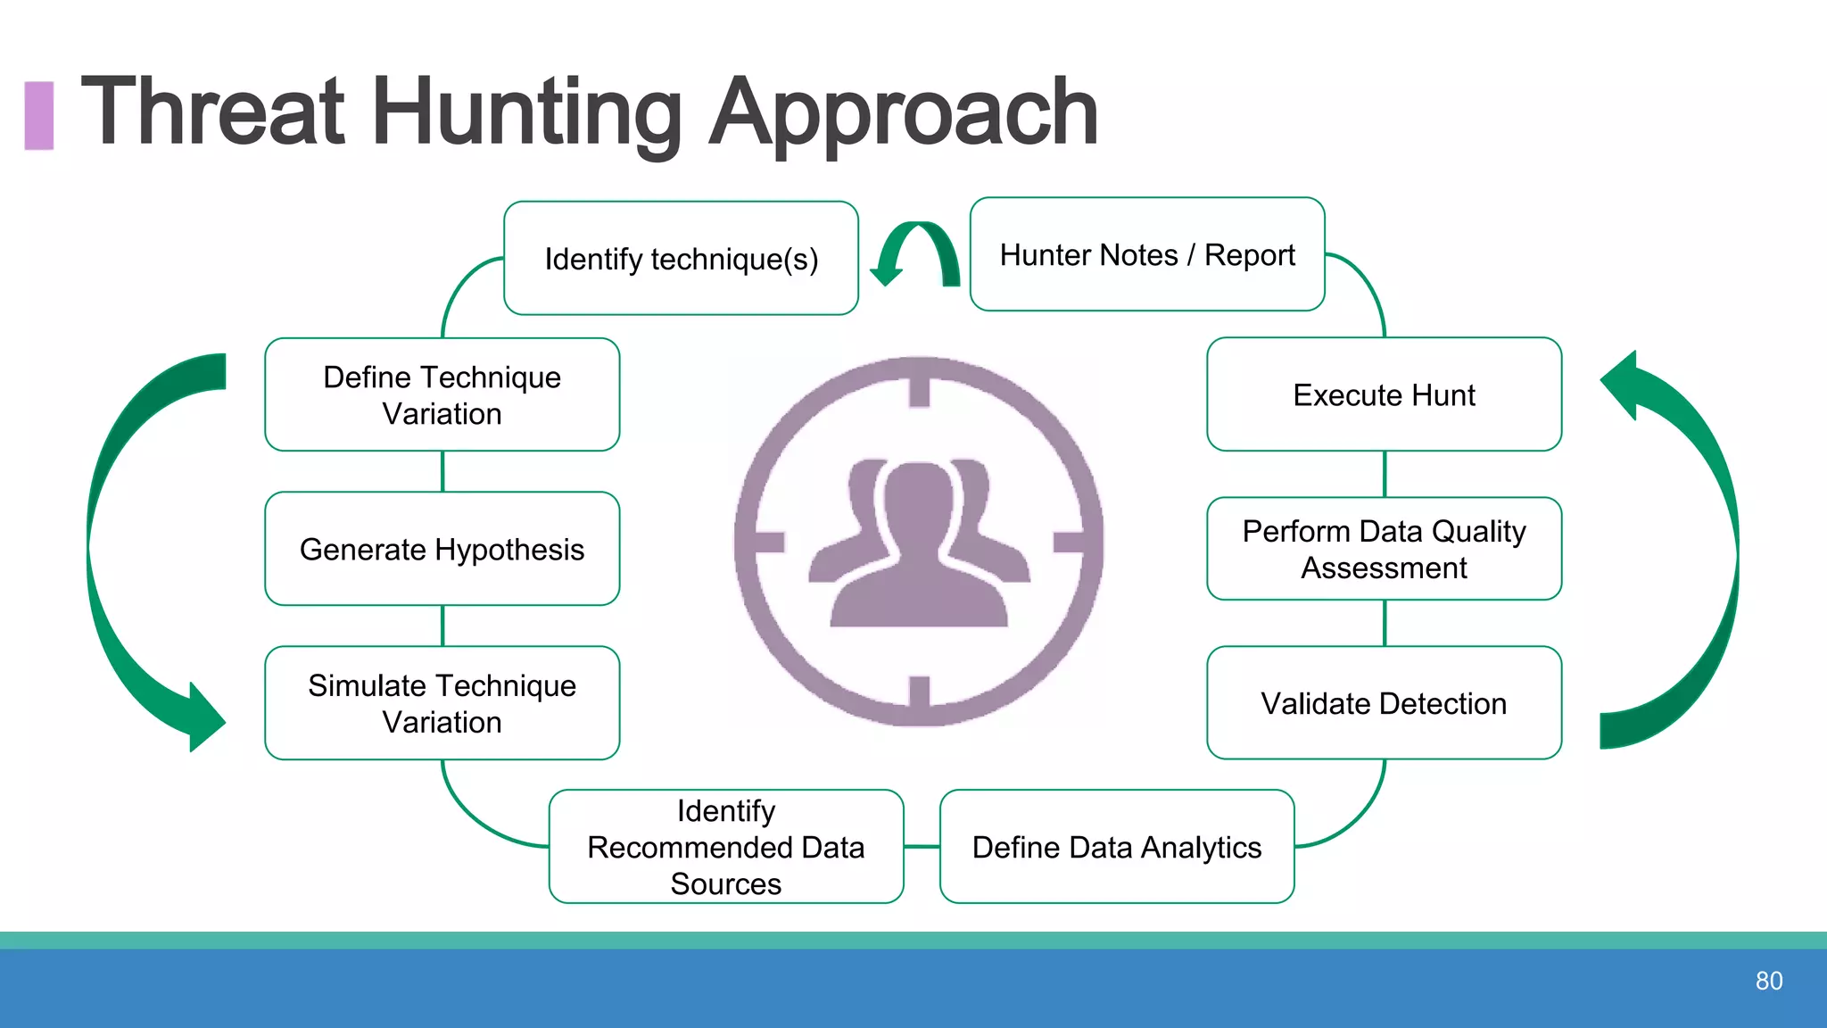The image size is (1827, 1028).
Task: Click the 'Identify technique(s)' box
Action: (681, 259)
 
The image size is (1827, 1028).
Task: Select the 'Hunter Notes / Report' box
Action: (1147, 255)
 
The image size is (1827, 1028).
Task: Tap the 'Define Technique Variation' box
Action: (442, 394)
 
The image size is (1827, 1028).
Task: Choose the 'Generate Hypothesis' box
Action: (442, 549)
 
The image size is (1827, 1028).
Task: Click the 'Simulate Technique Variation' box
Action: (442, 703)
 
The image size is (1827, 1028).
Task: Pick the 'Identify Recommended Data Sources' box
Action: (725, 846)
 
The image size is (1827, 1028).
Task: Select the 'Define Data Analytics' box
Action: (1116, 846)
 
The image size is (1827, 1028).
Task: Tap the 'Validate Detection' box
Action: (1384, 703)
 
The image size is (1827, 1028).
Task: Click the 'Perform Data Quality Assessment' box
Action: (1384, 549)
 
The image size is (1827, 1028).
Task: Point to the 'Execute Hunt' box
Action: (1384, 394)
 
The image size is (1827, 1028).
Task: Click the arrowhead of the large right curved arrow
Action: (1624, 384)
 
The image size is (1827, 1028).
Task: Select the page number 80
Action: (1768, 981)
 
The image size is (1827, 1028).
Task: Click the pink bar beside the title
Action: (38, 115)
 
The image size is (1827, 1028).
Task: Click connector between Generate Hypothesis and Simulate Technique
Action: (442, 626)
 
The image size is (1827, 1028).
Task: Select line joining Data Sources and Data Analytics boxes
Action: (922, 846)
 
